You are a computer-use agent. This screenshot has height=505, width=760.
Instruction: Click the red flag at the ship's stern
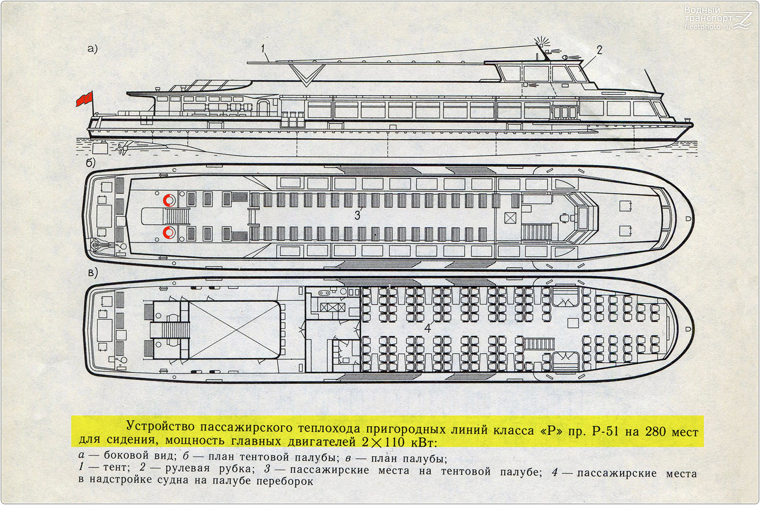click(x=84, y=99)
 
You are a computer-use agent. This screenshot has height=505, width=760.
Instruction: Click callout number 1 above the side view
click(x=263, y=49)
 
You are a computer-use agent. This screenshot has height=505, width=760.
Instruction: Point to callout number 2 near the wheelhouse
click(x=599, y=50)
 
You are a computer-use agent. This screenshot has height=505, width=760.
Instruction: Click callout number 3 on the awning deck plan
click(x=357, y=215)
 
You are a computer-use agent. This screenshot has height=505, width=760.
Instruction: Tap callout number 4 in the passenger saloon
click(x=428, y=327)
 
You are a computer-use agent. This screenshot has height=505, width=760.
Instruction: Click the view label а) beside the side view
click(x=92, y=49)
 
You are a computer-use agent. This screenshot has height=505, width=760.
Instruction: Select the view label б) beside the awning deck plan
click(x=91, y=163)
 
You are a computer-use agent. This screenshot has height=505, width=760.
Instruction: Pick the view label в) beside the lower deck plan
click(x=93, y=273)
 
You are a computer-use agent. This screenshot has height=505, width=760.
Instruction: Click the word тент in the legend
click(x=116, y=468)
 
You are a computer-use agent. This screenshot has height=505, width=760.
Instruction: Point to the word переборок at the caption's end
click(x=284, y=481)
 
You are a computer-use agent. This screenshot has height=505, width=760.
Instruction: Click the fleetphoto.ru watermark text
click(x=707, y=27)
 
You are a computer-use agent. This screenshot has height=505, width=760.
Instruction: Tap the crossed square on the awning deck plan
click(x=510, y=218)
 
